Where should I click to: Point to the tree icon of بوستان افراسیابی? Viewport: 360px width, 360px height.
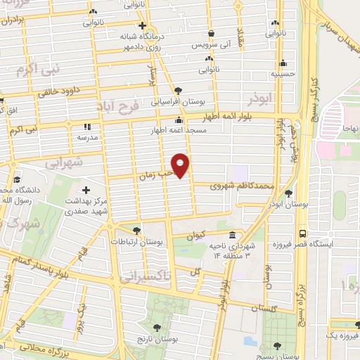(179, 90)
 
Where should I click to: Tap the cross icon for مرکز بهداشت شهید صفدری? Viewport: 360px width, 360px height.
(86, 190)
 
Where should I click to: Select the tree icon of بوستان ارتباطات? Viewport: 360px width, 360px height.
(136, 230)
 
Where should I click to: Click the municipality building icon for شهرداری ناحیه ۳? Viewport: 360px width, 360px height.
(233, 235)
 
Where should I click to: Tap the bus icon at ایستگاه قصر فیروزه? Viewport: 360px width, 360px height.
(302, 233)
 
